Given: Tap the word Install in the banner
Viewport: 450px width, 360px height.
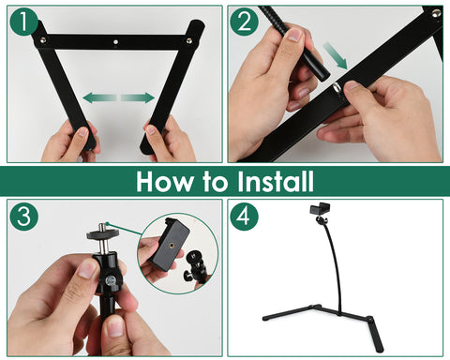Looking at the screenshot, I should [274, 180].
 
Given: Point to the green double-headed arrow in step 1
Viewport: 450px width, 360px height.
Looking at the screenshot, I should [118, 97].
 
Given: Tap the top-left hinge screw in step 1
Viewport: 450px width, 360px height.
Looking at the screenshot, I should [41, 39].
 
